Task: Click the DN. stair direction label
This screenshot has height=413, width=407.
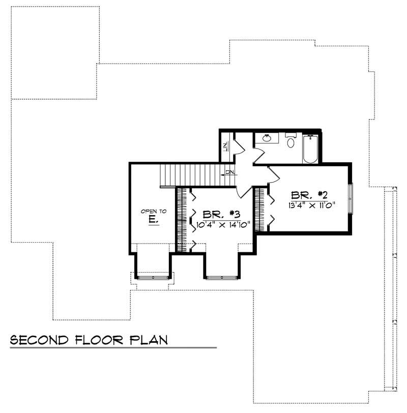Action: [230, 173]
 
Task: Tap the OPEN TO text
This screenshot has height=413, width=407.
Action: [151, 211]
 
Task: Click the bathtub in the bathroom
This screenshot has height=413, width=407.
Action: [310, 149]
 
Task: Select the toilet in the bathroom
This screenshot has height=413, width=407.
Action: [290, 142]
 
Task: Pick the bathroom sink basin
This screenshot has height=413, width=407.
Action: [267, 138]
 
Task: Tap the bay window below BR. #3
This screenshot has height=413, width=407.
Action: [221, 277]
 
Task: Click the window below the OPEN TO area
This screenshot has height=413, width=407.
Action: [153, 278]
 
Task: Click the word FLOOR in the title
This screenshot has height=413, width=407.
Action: [98, 340]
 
